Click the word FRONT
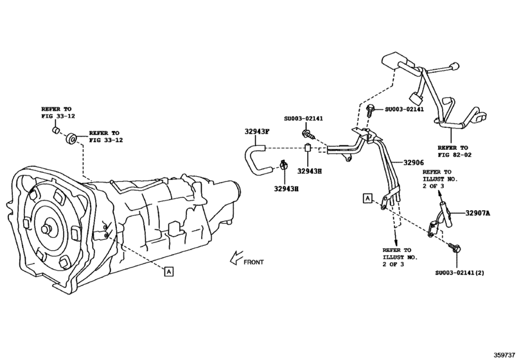tap(254, 262)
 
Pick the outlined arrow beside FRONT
tap(234, 260)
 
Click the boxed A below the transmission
tap(168, 271)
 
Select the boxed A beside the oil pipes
tap(367, 198)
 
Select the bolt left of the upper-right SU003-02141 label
tap(371, 111)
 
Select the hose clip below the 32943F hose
tap(282, 170)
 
